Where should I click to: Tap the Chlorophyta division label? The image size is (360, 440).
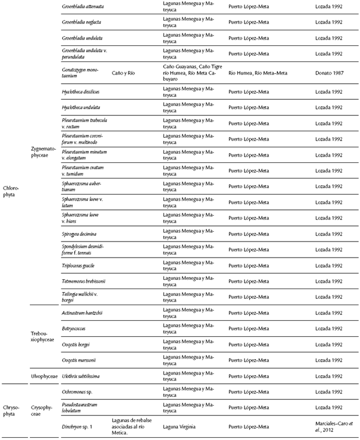[x=11, y=190]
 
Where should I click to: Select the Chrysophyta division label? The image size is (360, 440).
[x=11, y=407]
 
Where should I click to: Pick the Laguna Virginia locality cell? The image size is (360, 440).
[x=181, y=427]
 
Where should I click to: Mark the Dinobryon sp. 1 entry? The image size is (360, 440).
[x=78, y=427]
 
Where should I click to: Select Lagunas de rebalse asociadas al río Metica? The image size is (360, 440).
[x=133, y=427]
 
